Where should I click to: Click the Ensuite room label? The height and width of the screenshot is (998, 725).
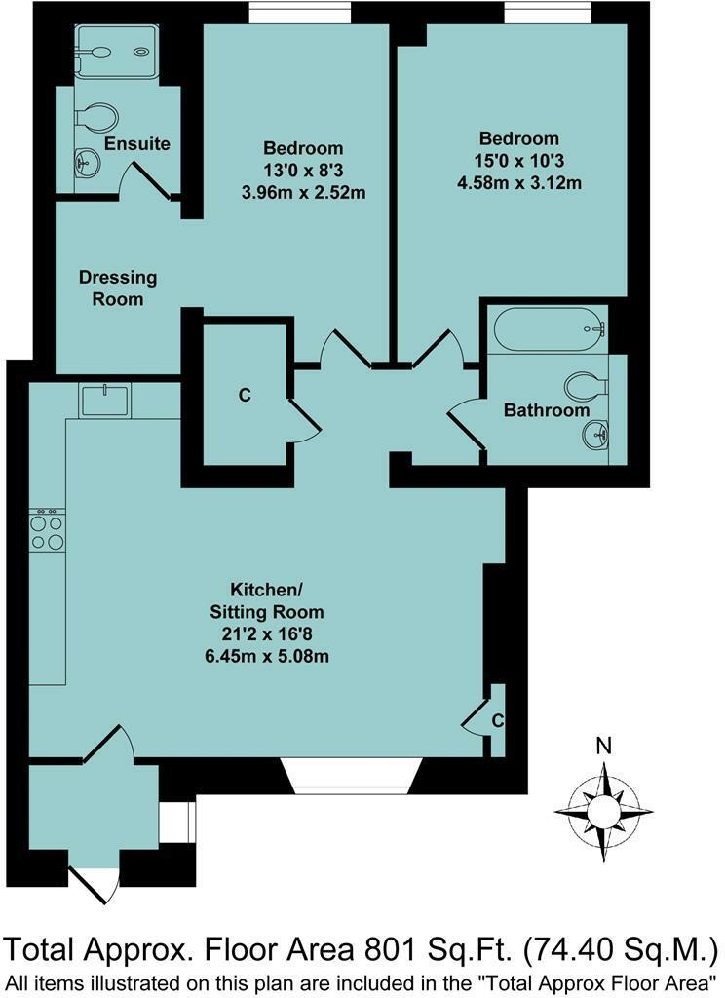(136, 144)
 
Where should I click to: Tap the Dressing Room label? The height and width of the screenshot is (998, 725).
(117, 288)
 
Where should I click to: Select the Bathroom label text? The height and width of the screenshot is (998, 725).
(547, 410)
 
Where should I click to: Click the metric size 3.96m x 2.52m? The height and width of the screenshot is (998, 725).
(303, 192)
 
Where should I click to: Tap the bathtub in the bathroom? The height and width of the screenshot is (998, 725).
(550, 330)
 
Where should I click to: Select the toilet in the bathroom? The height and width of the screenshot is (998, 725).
(587, 385)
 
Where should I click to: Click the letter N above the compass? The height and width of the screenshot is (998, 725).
(604, 748)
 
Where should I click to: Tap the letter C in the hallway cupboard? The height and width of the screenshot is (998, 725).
(245, 395)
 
